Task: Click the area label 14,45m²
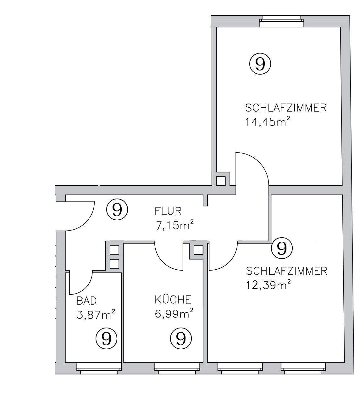coord(267,122)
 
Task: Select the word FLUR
coord(168,211)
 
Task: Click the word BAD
coord(86,301)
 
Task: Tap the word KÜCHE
coord(173,300)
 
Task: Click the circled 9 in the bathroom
coord(106,338)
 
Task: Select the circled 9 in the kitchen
coord(181,338)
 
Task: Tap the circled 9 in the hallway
coord(117,209)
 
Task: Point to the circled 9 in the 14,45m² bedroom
coord(260,64)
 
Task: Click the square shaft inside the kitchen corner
coord(198,250)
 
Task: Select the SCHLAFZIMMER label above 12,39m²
coord(286,271)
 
